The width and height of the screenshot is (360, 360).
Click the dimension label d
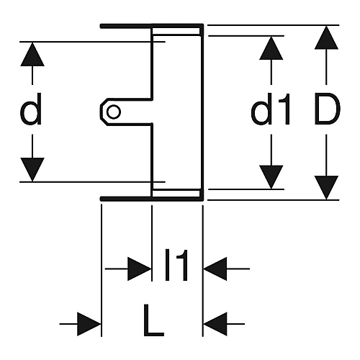pos(31,109)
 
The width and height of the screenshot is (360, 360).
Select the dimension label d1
pos(271,109)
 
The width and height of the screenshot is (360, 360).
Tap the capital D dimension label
pos(328,109)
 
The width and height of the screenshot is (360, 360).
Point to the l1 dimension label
pos(176,265)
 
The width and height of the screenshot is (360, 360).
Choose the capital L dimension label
pos(153,320)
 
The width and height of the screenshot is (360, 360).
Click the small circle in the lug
pos(114,112)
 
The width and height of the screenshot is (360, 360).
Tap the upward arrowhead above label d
pos(32,54)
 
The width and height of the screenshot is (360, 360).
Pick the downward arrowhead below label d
pos(32,169)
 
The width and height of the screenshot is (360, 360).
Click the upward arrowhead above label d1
pos(271,48)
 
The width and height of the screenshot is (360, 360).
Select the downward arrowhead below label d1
pos(271,177)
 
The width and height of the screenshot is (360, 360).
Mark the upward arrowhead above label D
pos(326,37)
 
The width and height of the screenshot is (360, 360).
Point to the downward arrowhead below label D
pos(326,188)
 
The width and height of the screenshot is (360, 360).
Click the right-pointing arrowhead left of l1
pos(140,269)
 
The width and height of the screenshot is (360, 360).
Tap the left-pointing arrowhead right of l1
pos(215,269)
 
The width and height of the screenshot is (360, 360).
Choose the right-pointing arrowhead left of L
pos(89,324)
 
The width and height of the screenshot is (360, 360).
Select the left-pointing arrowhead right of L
pos(215,324)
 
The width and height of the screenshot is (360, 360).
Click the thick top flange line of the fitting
pos(152,26)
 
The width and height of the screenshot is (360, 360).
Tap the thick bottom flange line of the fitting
pos(152,199)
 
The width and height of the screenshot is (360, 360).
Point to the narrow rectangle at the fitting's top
pos(176,31)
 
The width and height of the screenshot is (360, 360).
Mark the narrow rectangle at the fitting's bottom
pos(176,194)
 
